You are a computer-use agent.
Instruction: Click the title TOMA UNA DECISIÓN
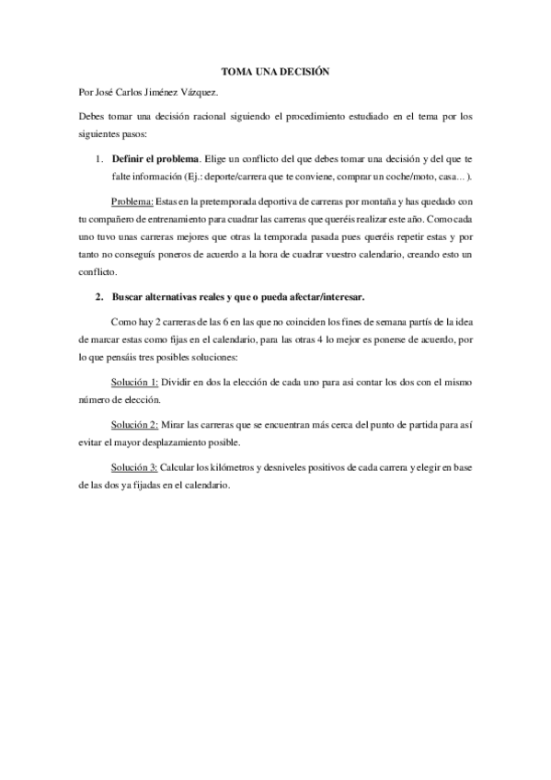pos(275,71)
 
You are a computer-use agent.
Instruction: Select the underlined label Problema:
pos(132,201)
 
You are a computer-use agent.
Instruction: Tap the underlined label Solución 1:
pos(134,380)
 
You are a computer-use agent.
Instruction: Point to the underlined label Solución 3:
pos(134,469)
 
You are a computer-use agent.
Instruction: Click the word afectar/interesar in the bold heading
pos(324,296)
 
